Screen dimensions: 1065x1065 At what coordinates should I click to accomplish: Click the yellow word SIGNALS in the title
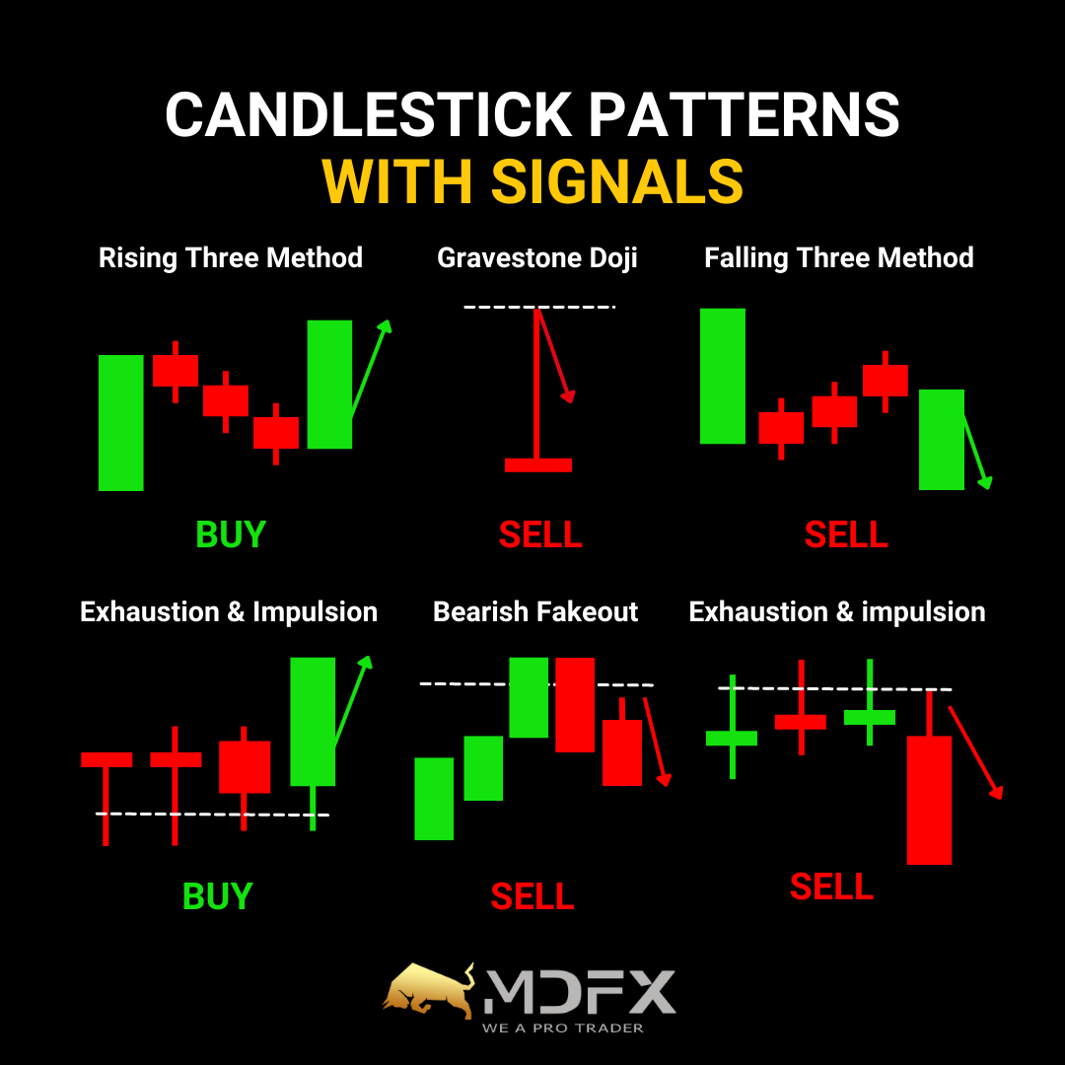pos(616,181)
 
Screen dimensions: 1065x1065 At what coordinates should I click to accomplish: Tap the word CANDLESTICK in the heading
pos(369,114)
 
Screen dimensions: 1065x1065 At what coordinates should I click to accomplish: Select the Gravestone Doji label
pos(537,258)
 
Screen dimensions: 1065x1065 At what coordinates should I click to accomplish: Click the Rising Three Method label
pos(230,258)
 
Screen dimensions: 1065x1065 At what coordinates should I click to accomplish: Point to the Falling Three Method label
pos(839,258)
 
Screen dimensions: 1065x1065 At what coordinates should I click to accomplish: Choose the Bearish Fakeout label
pos(535,612)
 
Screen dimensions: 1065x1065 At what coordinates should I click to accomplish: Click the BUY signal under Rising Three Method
pos(230,534)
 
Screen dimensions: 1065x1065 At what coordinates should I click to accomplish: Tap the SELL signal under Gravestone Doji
pos(540,534)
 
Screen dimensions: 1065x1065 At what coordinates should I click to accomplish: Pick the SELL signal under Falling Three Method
pos(846,534)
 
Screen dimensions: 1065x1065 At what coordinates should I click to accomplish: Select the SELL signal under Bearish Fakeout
pos(532,896)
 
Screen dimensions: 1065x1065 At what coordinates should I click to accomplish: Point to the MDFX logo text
pos(580,992)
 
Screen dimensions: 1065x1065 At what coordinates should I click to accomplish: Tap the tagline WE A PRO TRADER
pos(562,1029)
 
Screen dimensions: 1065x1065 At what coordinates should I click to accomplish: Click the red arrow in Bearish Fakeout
pos(658,742)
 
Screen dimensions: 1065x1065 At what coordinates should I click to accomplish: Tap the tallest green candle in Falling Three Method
pos(723,377)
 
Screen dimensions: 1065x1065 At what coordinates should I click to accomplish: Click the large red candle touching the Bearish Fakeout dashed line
pos(575,704)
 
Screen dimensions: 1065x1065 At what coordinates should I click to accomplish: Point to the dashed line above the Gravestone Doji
pos(539,307)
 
